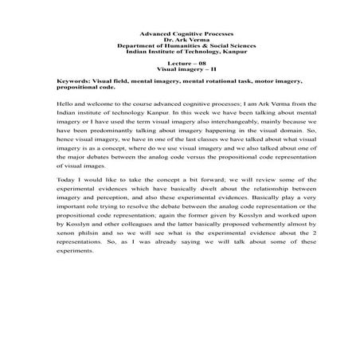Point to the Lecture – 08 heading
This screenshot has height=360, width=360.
tap(179, 62)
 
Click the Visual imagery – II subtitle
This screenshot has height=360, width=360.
tap(179, 68)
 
